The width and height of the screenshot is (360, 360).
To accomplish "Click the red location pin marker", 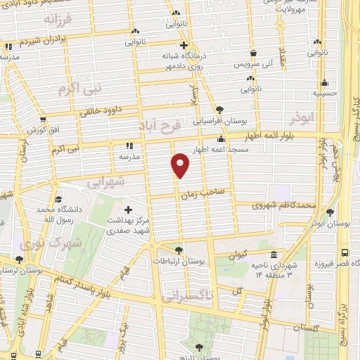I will (x=181, y=165).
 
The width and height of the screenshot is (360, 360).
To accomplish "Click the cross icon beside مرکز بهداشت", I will (x=128, y=210).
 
